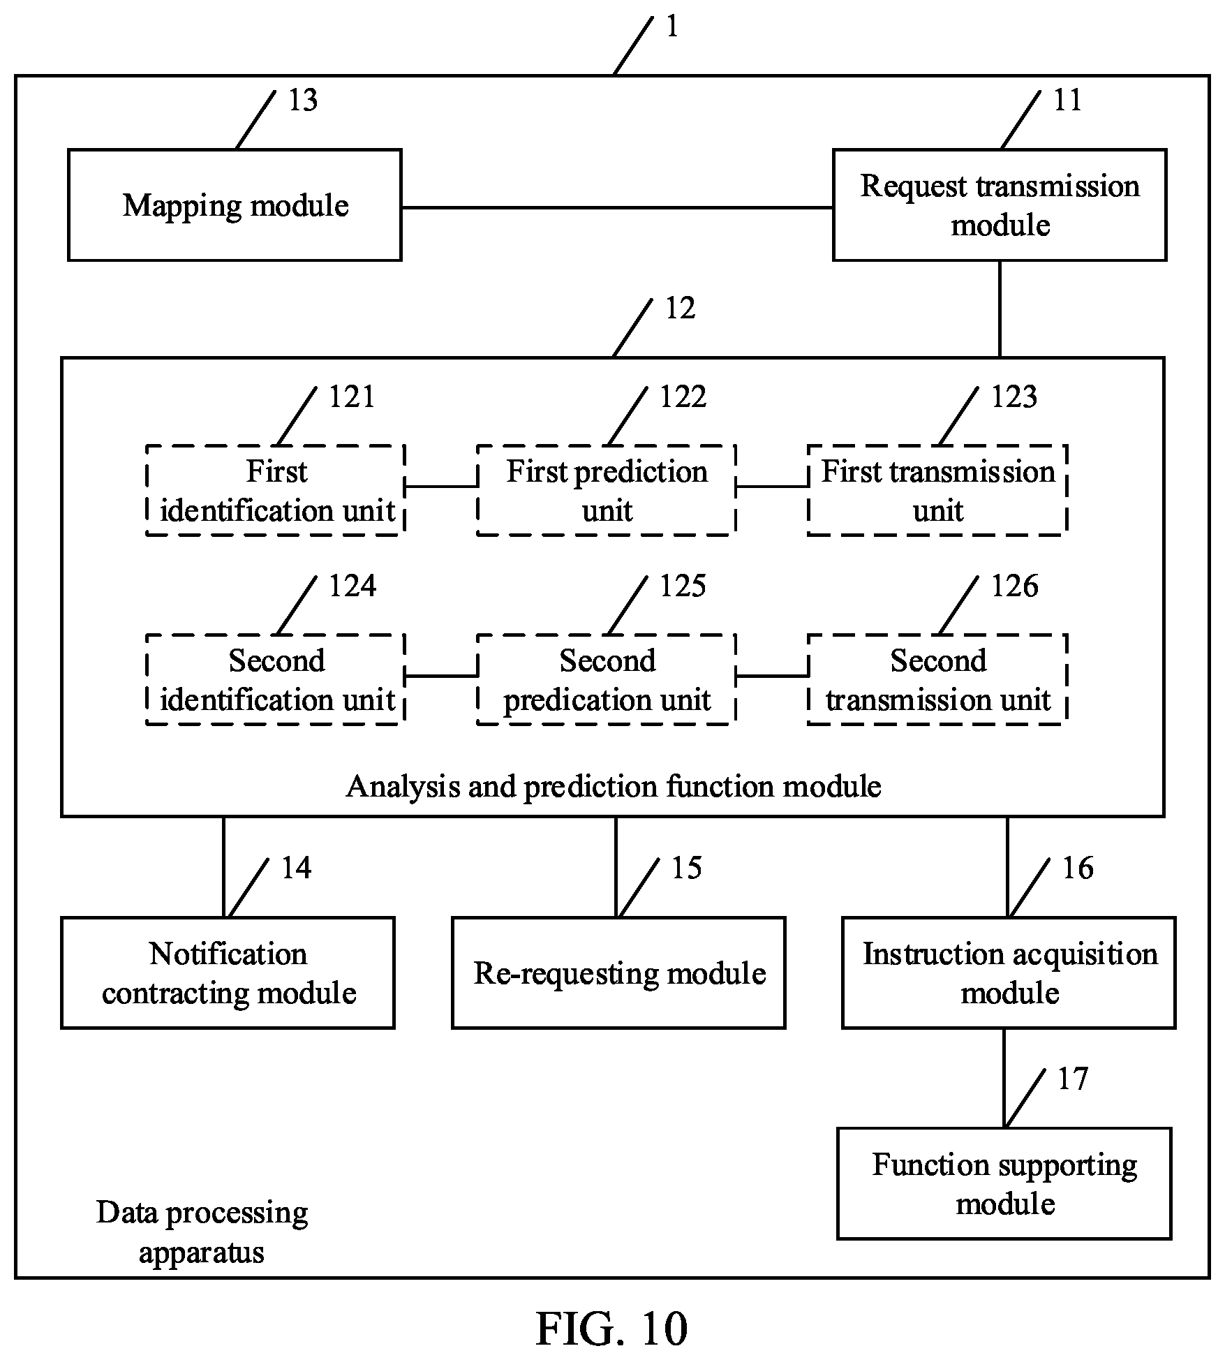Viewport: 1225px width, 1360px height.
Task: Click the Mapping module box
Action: [235, 205]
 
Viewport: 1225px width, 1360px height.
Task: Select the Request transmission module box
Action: [1000, 205]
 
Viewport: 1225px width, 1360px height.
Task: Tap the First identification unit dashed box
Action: [276, 490]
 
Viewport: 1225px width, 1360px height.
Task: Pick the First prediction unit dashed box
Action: [607, 490]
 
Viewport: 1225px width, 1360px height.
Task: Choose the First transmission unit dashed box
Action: [937, 490]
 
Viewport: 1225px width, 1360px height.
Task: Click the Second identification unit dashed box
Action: [276, 679]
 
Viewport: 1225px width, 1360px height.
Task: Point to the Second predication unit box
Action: [607, 679]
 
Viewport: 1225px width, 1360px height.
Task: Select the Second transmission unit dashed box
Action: [937, 679]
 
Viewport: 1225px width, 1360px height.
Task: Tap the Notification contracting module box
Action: [228, 973]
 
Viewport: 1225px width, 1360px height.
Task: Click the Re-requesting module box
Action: [619, 973]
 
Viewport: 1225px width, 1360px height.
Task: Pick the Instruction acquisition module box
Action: [1009, 973]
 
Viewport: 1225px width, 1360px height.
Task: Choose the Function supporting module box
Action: [1004, 1183]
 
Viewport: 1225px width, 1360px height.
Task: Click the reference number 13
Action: [303, 101]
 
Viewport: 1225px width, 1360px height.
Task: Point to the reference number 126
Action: [1014, 586]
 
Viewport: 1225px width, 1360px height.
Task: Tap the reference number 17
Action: [1072, 1079]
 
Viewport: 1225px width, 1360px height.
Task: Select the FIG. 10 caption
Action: [612, 1328]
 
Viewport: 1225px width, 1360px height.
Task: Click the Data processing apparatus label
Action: [202, 1232]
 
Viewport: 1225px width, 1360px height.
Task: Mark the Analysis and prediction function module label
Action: [614, 786]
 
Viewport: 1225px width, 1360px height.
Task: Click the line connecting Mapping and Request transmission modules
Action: [618, 207]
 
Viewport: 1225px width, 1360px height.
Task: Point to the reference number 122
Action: [683, 397]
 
